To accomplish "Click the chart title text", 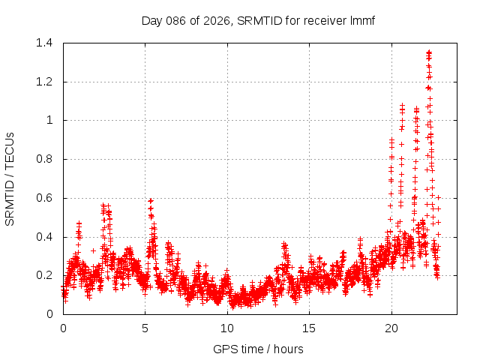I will tap(258, 20).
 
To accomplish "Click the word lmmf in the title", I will tap(361, 20).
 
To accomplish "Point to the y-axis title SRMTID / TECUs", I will tap(10, 178).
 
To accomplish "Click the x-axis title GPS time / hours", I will tap(258, 349).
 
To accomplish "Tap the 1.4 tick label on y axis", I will tap(43, 43).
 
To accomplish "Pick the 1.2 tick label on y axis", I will tap(43, 82).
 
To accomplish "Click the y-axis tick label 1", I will tap(49, 120).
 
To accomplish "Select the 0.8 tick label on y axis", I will tap(43, 159).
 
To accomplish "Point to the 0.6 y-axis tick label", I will tap(43, 198).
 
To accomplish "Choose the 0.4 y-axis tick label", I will tap(43, 237).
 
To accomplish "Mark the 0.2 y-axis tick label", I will tap(43, 275).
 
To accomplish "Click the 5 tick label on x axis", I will tap(145, 328).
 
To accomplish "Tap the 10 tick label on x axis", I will tap(227, 328).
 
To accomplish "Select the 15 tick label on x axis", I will tap(309, 328).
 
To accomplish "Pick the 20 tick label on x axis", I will tap(391, 328).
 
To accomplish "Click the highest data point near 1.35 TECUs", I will tap(428, 52).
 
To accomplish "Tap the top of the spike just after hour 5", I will tap(151, 201).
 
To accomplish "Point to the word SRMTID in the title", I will tap(256, 20).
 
